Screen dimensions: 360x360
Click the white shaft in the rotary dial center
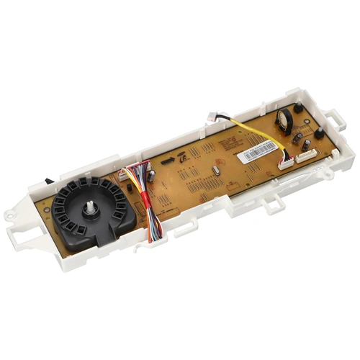pyautogui.click(x=92, y=208)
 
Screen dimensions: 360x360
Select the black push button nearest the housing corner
pyautogui.click(x=318, y=133)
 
